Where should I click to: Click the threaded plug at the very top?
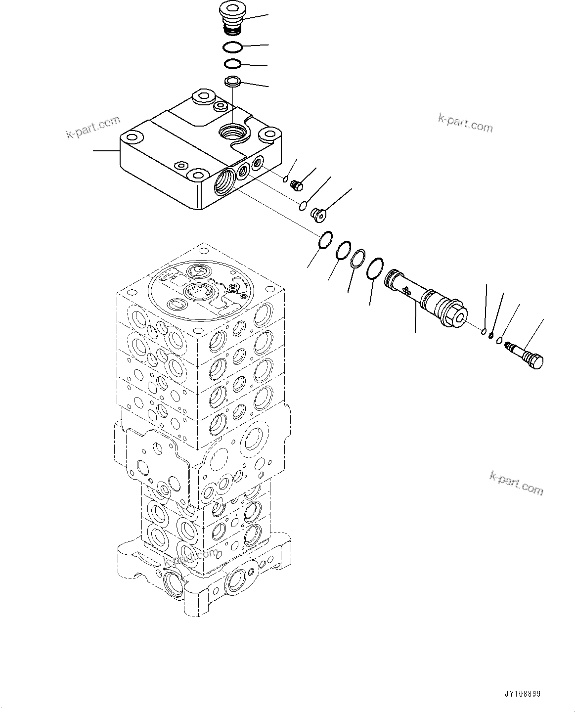(229, 20)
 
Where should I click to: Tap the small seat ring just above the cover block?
(232, 81)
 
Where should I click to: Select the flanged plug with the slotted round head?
(318, 214)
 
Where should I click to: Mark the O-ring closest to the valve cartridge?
(375, 269)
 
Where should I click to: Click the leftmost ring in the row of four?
(325, 240)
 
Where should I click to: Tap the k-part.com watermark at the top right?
(465, 123)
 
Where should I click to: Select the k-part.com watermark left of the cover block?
(93, 127)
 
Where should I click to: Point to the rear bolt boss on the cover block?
(201, 96)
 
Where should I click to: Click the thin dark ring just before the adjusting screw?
(491, 336)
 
